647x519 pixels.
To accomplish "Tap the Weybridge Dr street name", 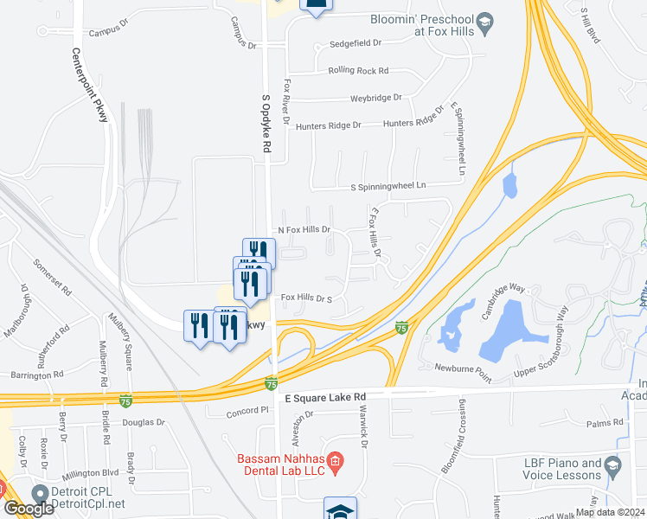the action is coord(376,98).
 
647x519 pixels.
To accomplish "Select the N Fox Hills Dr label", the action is coord(304,230).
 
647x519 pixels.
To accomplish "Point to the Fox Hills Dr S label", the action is coord(307,298).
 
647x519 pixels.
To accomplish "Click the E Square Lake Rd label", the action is coord(325,396).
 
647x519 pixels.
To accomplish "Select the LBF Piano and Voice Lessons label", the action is coord(561,469).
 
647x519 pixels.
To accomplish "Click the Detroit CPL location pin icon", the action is coord(40,493).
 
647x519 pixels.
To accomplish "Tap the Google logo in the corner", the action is coord(29,509).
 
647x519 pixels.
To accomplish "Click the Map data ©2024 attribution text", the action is coord(609,512).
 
